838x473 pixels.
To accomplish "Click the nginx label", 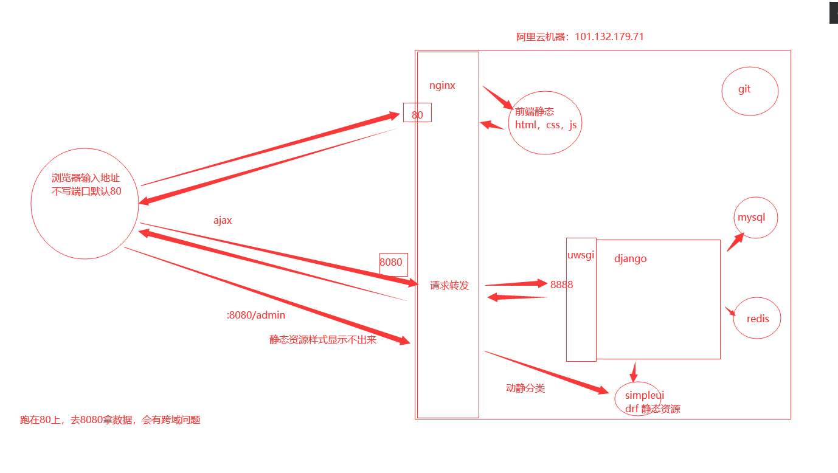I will click(442, 86).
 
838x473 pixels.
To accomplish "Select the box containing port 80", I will click(417, 113).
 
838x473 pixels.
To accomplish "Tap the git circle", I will click(750, 91).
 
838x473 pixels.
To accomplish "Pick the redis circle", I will click(757, 318).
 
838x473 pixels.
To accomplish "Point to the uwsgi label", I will click(581, 255).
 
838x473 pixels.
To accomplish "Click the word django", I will click(630, 259).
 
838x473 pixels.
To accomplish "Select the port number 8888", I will click(561, 285).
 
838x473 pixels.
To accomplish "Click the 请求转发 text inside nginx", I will click(449, 286).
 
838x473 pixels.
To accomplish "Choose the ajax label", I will click(223, 221).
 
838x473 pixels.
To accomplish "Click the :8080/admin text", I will click(255, 316).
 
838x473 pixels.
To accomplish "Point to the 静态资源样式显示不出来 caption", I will click(323, 340).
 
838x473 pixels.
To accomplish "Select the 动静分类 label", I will click(525, 388).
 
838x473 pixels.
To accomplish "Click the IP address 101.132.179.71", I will click(609, 37).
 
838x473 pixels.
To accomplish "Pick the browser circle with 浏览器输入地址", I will click(85, 204).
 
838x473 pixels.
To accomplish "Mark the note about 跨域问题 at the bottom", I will click(110, 419).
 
